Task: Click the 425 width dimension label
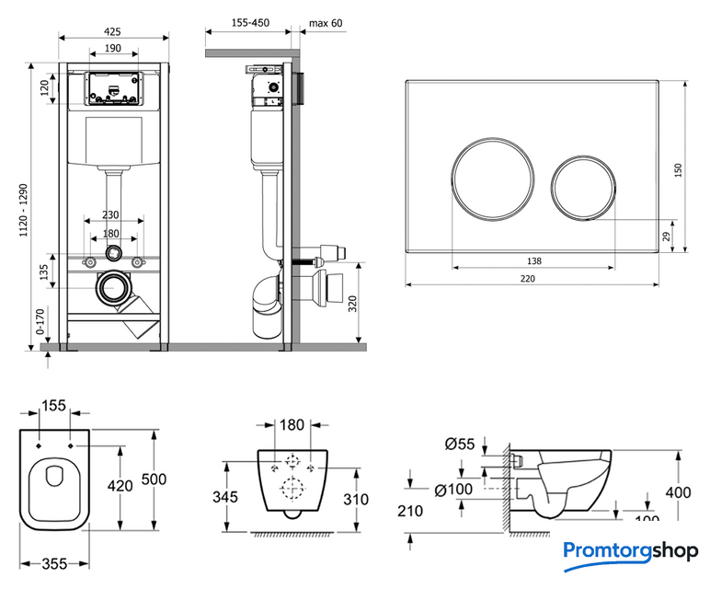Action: [x=113, y=31]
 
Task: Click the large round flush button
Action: [x=495, y=178]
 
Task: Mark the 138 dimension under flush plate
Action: [x=534, y=260]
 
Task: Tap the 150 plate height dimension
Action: [x=679, y=171]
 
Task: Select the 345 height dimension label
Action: [x=224, y=497]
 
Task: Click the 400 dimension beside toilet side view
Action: [x=678, y=492]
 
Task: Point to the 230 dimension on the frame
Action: [x=113, y=215]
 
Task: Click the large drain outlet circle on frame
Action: [x=114, y=288]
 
